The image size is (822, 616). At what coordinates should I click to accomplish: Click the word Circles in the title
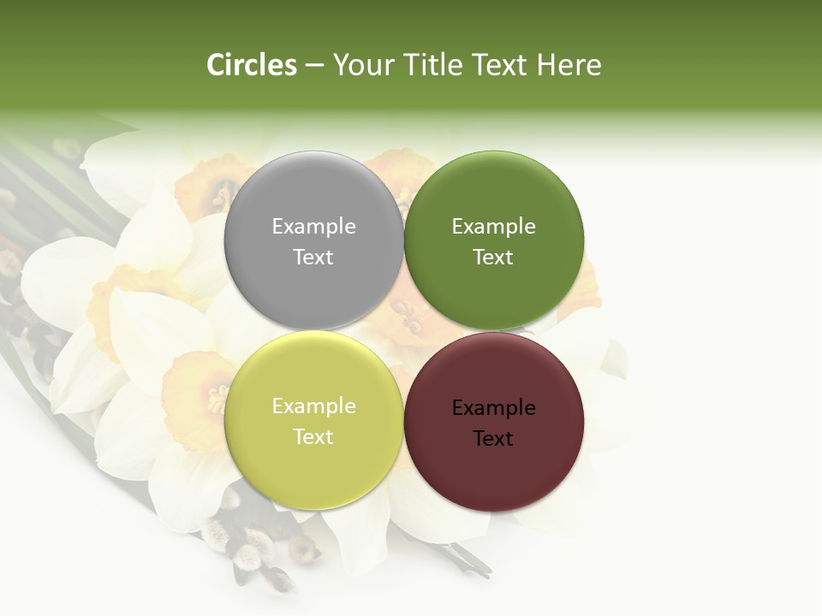(x=252, y=65)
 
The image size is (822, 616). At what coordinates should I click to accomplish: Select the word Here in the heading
(x=569, y=65)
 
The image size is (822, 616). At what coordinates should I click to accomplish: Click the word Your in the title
(x=363, y=65)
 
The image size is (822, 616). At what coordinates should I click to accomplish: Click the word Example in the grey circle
(x=313, y=227)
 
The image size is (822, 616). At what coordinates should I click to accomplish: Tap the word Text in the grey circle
(x=313, y=258)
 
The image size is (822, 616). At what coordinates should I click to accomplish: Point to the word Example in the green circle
(x=494, y=227)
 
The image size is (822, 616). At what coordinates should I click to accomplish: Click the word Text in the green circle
(x=494, y=258)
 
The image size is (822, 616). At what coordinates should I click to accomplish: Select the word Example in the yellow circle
(x=313, y=406)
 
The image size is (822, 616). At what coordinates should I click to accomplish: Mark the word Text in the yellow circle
(x=313, y=437)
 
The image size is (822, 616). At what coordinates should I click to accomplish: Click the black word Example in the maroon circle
(x=494, y=408)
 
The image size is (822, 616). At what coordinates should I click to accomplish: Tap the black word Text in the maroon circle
(x=494, y=439)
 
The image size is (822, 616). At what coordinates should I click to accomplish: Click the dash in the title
(x=314, y=66)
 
